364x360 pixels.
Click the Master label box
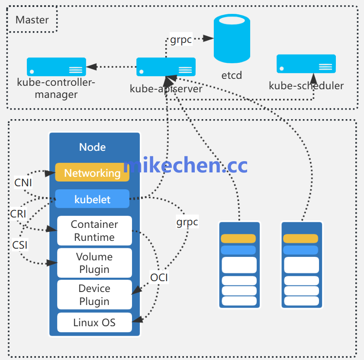32,20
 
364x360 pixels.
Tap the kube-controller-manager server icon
56,67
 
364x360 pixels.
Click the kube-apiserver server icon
166,67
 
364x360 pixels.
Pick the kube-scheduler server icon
306,64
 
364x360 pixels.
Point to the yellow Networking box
92,173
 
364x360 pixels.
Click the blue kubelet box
92,199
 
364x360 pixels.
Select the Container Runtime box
94,231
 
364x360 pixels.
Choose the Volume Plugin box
94,263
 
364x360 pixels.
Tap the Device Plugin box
94,295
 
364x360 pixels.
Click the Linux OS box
94,322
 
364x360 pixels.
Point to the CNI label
23,183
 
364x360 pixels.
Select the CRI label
18,214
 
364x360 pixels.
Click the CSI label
20,245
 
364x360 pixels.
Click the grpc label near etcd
181,40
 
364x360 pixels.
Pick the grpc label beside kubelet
187,222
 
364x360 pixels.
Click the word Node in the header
92,147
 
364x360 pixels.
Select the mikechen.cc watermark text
186,165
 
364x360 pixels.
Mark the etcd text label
232,75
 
